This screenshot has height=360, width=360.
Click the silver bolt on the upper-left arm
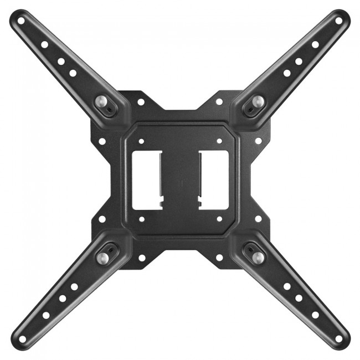[x=103, y=101]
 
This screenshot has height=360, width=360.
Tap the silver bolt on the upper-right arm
[x=258, y=101]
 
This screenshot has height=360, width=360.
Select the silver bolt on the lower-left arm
[x=103, y=257]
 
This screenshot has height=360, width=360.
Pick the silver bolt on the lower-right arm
[x=257, y=257]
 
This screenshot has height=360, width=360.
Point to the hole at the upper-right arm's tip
[x=338, y=21]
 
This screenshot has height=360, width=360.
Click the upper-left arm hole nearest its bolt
[x=73, y=73]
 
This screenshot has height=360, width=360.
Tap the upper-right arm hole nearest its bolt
[x=287, y=73]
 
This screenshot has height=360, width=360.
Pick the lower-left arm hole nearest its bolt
[x=74, y=287]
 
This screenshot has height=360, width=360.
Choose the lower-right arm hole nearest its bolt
[x=287, y=287]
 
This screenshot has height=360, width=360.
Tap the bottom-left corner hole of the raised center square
[x=141, y=219]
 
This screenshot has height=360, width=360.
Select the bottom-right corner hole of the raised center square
[x=219, y=219]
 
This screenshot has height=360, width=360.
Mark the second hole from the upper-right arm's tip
[x=315, y=44]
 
